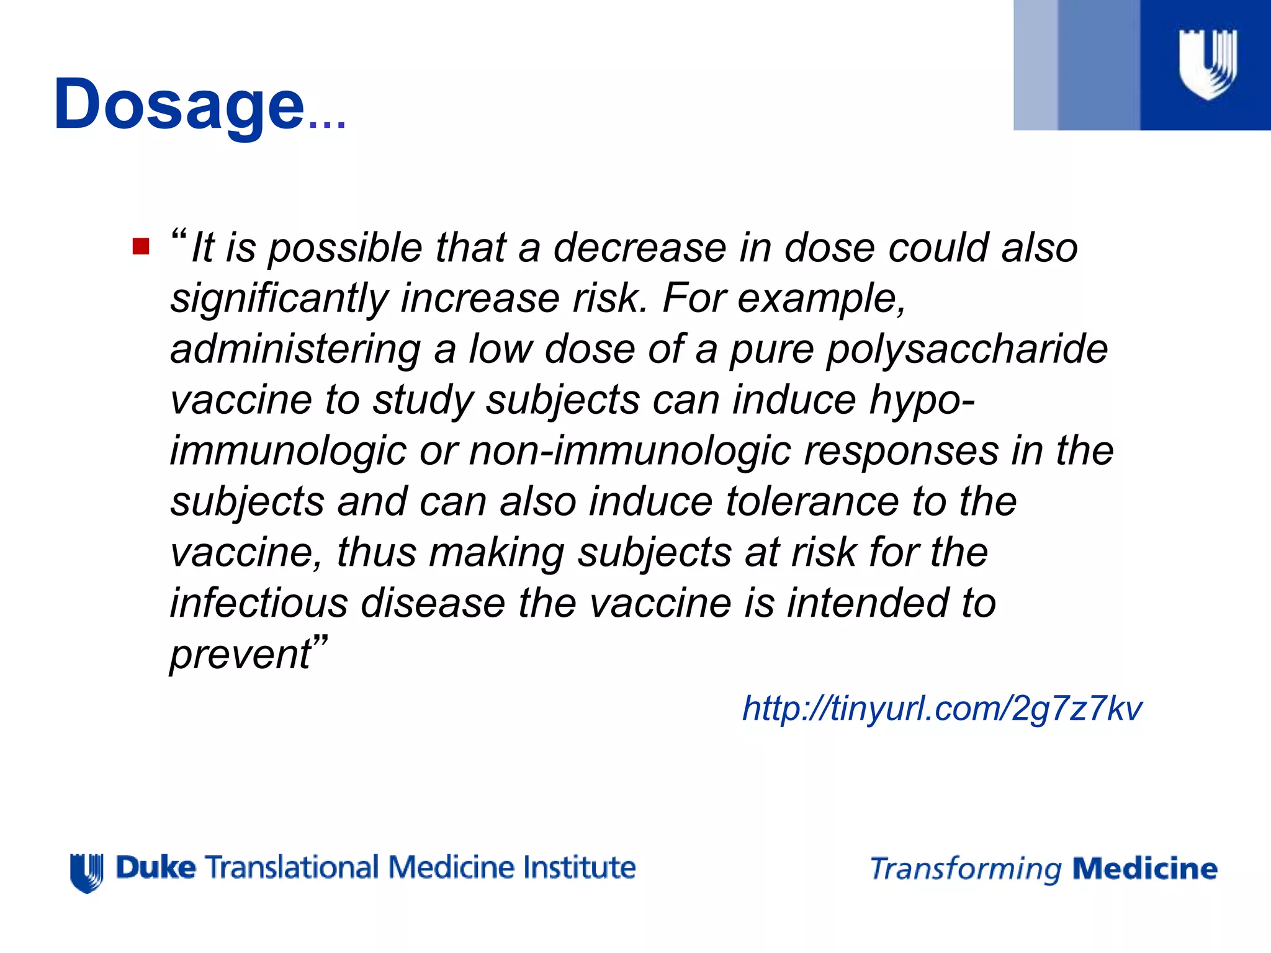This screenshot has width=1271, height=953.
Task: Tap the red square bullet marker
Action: tap(141, 246)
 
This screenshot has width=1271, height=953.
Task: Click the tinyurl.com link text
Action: tap(941, 708)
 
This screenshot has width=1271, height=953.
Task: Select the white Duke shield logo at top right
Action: tap(1207, 64)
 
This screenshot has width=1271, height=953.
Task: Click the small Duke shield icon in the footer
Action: tap(87, 872)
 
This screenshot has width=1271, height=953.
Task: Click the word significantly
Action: tap(279, 299)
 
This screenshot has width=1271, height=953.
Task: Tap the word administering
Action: tap(295, 349)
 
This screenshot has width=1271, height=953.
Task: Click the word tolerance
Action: tap(812, 501)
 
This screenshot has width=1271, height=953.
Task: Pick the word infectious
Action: tap(259, 603)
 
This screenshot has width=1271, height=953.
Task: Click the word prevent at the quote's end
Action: tap(241, 654)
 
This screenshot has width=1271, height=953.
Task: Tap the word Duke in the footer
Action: tap(156, 867)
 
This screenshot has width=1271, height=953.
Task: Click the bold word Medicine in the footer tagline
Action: tap(1144, 869)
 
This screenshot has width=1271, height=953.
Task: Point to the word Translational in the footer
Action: tap(292, 867)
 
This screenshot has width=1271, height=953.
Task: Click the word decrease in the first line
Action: tap(639, 248)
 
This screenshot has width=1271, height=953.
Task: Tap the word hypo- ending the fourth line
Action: tap(922, 401)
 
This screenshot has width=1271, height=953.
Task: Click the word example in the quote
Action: tap(820, 299)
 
